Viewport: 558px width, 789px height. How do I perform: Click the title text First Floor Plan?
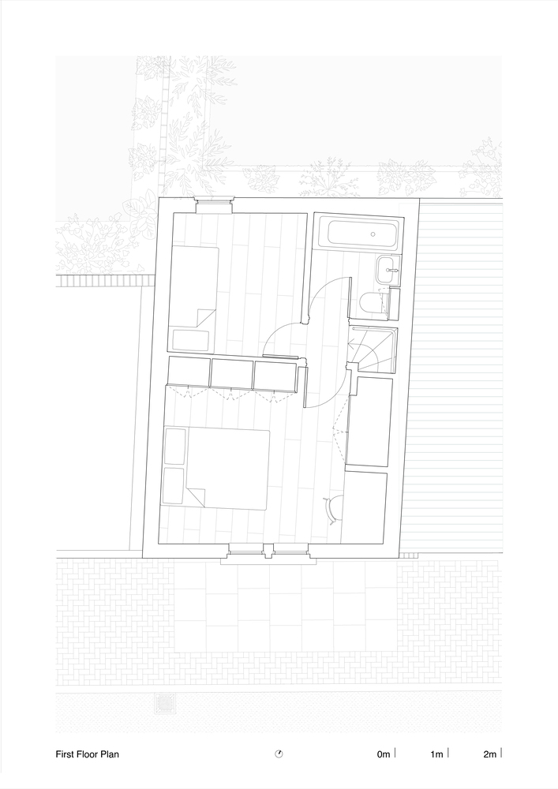click(x=87, y=753)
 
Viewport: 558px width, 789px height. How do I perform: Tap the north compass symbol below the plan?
click(x=279, y=753)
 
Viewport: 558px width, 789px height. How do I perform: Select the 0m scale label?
click(x=384, y=753)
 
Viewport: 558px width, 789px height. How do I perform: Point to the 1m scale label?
click(x=436, y=753)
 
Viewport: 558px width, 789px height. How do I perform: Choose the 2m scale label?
click(x=490, y=753)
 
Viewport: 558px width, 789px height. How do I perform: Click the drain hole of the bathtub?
click(x=373, y=234)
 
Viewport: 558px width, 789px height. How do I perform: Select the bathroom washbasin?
click(x=389, y=269)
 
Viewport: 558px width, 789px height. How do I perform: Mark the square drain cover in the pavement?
click(x=163, y=702)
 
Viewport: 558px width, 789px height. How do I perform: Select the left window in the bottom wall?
click(x=246, y=550)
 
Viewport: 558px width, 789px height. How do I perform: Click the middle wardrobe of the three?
click(x=232, y=373)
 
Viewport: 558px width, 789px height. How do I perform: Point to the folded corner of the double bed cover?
click(x=197, y=496)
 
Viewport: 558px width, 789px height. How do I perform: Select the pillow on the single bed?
click(x=191, y=341)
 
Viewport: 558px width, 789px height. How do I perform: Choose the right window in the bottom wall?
click(x=290, y=550)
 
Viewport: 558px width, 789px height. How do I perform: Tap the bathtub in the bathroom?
click(x=365, y=234)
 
